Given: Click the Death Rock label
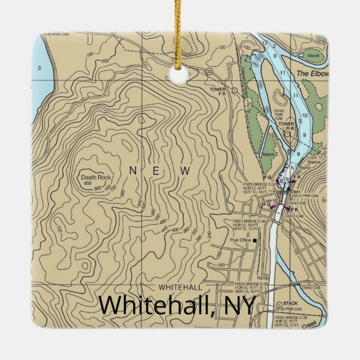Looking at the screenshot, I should click(x=96, y=177).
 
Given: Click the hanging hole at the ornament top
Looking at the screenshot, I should click(x=180, y=74).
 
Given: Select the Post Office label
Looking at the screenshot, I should click(x=240, y=241).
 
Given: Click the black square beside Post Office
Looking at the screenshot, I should click(x=254, y=241).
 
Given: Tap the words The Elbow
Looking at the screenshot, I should click(x=312, y=74).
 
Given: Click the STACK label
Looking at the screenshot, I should click(x=290, y=303).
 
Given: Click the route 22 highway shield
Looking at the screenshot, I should click(x=209, y=71).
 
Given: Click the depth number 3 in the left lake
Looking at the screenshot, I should click(x=39, y=68).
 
